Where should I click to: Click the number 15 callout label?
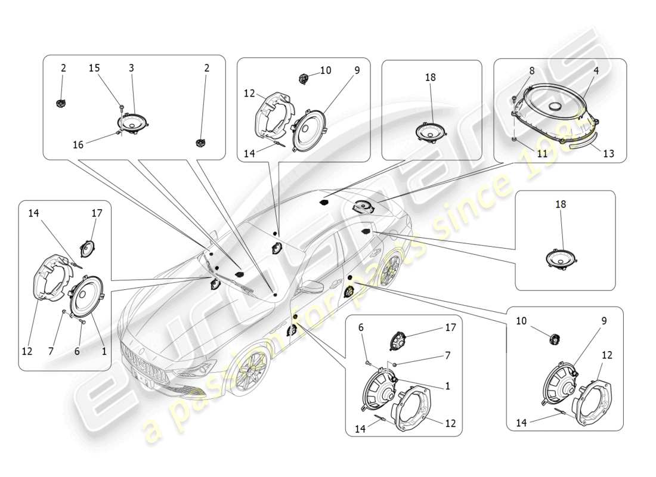[x=94, y=68]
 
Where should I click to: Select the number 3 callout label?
[x=131, y=68]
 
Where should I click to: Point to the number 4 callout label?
[x=596, y=70]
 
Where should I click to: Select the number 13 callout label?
[x=608, y=153]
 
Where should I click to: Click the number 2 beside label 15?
[x=63, y=68]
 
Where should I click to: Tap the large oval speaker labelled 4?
[x=557, y=107]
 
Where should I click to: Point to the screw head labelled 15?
[x=120, y=107]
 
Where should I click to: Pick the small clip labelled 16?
[x=119, y=134]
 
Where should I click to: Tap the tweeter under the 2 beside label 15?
[x=60, y=104]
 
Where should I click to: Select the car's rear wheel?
[x=388, y=269]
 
